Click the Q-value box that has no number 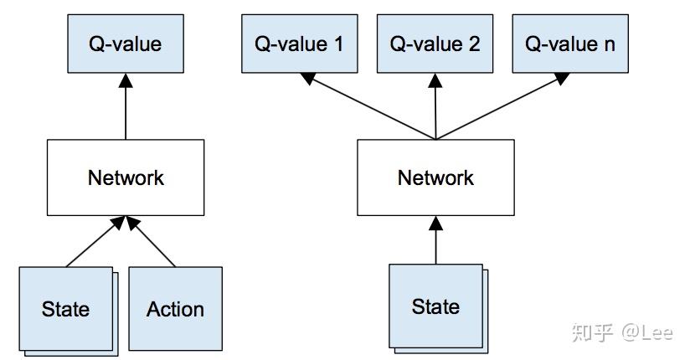click(x=126, y=44)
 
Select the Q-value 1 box click(x=299, y=44)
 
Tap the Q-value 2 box click(x=435, y=44)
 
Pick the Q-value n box click(x=569, y=44)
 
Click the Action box click(x=175, y=309)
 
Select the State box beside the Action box click(x=65, y=309)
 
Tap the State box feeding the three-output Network click(x=435, y=306)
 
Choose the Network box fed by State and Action click(x=126, y=177)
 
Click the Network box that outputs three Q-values click(x=435, y=177)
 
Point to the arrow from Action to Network click(x=152, y=243)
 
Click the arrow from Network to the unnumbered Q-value click(x=126, y=105)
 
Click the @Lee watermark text click(x=646, y=332)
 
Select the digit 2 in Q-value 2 click(x=475, y=44)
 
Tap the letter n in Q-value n click(x=609, y=44)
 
